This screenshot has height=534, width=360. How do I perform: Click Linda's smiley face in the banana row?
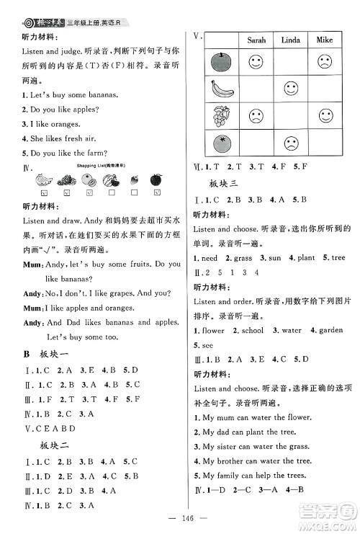290,89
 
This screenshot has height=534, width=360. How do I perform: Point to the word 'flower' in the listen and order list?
214,331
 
